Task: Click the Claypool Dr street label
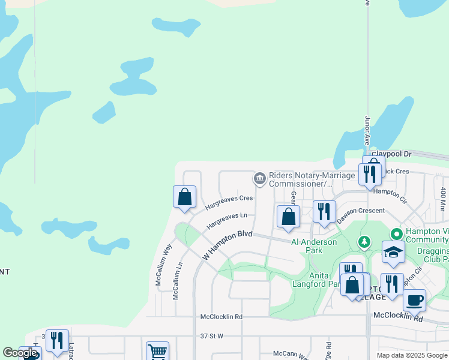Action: tap(391, 154)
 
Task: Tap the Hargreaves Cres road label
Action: tap(229, 202)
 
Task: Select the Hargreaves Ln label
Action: tap(227, 220)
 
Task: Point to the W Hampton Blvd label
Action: tap(228, 245)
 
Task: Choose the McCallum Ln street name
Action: tap(177, 281)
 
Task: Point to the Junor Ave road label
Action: tap(366, 131)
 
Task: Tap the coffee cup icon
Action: tap(414, 299)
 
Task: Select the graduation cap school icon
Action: tap(393, 252)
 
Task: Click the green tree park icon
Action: tap(364, 241)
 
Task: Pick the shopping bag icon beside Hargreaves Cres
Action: tap(185, 196)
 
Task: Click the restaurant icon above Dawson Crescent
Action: tap(324, 211)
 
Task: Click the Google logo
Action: tap(20, 353)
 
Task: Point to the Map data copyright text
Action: tap(412, 355)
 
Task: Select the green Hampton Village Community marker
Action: tap(396, 233)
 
